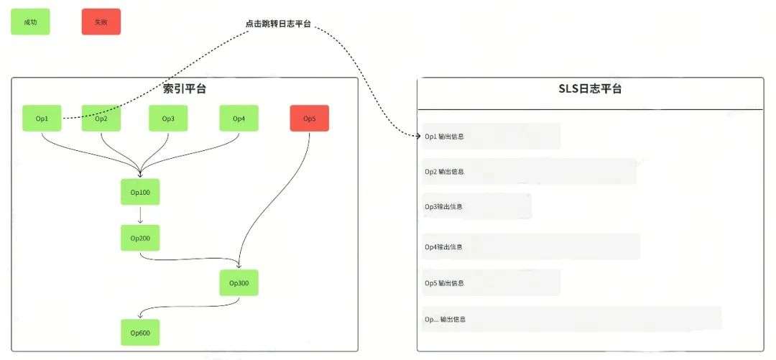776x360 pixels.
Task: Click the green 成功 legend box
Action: coord(30,22)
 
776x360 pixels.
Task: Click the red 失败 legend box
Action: coord(101,22)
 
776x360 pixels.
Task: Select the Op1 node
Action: coord(42,119)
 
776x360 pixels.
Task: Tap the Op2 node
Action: coord(101,119)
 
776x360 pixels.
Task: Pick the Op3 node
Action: coord(168,119)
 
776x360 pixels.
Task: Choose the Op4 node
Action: coord(239,119)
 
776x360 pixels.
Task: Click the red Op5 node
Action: coord(310,119)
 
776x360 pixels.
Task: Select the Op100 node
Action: coord(140,192)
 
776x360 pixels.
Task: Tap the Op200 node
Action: coord(140,238)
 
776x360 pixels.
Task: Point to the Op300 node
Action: coord(239,283)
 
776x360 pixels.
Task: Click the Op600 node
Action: coord(140,333)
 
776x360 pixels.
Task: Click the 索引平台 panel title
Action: coord(185,89)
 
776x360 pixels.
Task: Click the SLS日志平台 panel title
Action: coord(590,89)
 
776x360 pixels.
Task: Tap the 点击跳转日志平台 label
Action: coord(278,24)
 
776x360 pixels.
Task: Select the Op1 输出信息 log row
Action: coord(491,137)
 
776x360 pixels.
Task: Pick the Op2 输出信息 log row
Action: coord(529,172)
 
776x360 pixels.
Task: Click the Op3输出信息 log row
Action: coord(477,207)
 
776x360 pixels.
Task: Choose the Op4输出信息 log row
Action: coord(531,247)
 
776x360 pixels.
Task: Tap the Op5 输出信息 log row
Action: coord(491,283)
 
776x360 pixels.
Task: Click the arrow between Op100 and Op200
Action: coord(140,215)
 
